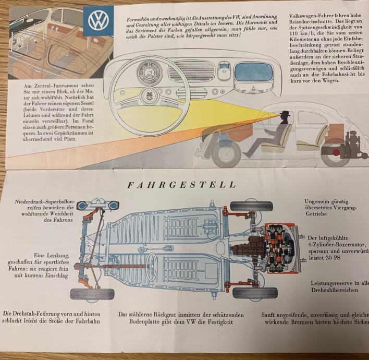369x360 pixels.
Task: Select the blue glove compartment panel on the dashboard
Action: (x=254, y=73)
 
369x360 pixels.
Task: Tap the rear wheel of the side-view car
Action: (x=333, y=151)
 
